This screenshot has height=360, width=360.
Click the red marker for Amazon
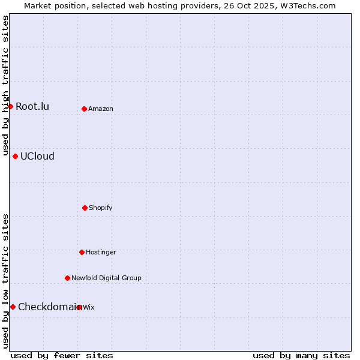tap(84, 109)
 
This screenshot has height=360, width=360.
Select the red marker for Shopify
tap(85, 208)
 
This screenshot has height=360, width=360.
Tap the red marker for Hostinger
tap(82, 252)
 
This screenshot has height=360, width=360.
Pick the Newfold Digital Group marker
tap(67, 278)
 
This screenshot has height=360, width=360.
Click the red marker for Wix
tap(79, 307)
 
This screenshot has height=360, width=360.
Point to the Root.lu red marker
tap(10, 106)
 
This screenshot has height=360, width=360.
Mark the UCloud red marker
tap(15, 156)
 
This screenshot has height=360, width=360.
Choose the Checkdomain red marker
tap(13, 307)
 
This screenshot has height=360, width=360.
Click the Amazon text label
tap(101, 109)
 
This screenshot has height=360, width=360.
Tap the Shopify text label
tap(101, 208)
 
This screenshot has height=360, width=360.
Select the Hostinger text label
tap(101, 253)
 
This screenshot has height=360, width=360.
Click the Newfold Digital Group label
tap(106, 278)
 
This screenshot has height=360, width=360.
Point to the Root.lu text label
tap(32, 107)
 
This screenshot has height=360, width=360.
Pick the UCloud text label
tap(37, 157)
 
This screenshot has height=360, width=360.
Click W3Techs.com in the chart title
tap(306, 5)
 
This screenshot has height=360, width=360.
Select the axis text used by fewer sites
tap(62, 355)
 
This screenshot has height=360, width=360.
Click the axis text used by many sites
tap(301, 355)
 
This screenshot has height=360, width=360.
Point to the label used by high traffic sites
tap(5, 86)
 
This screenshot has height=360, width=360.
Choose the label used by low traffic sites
tap(5, 281)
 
